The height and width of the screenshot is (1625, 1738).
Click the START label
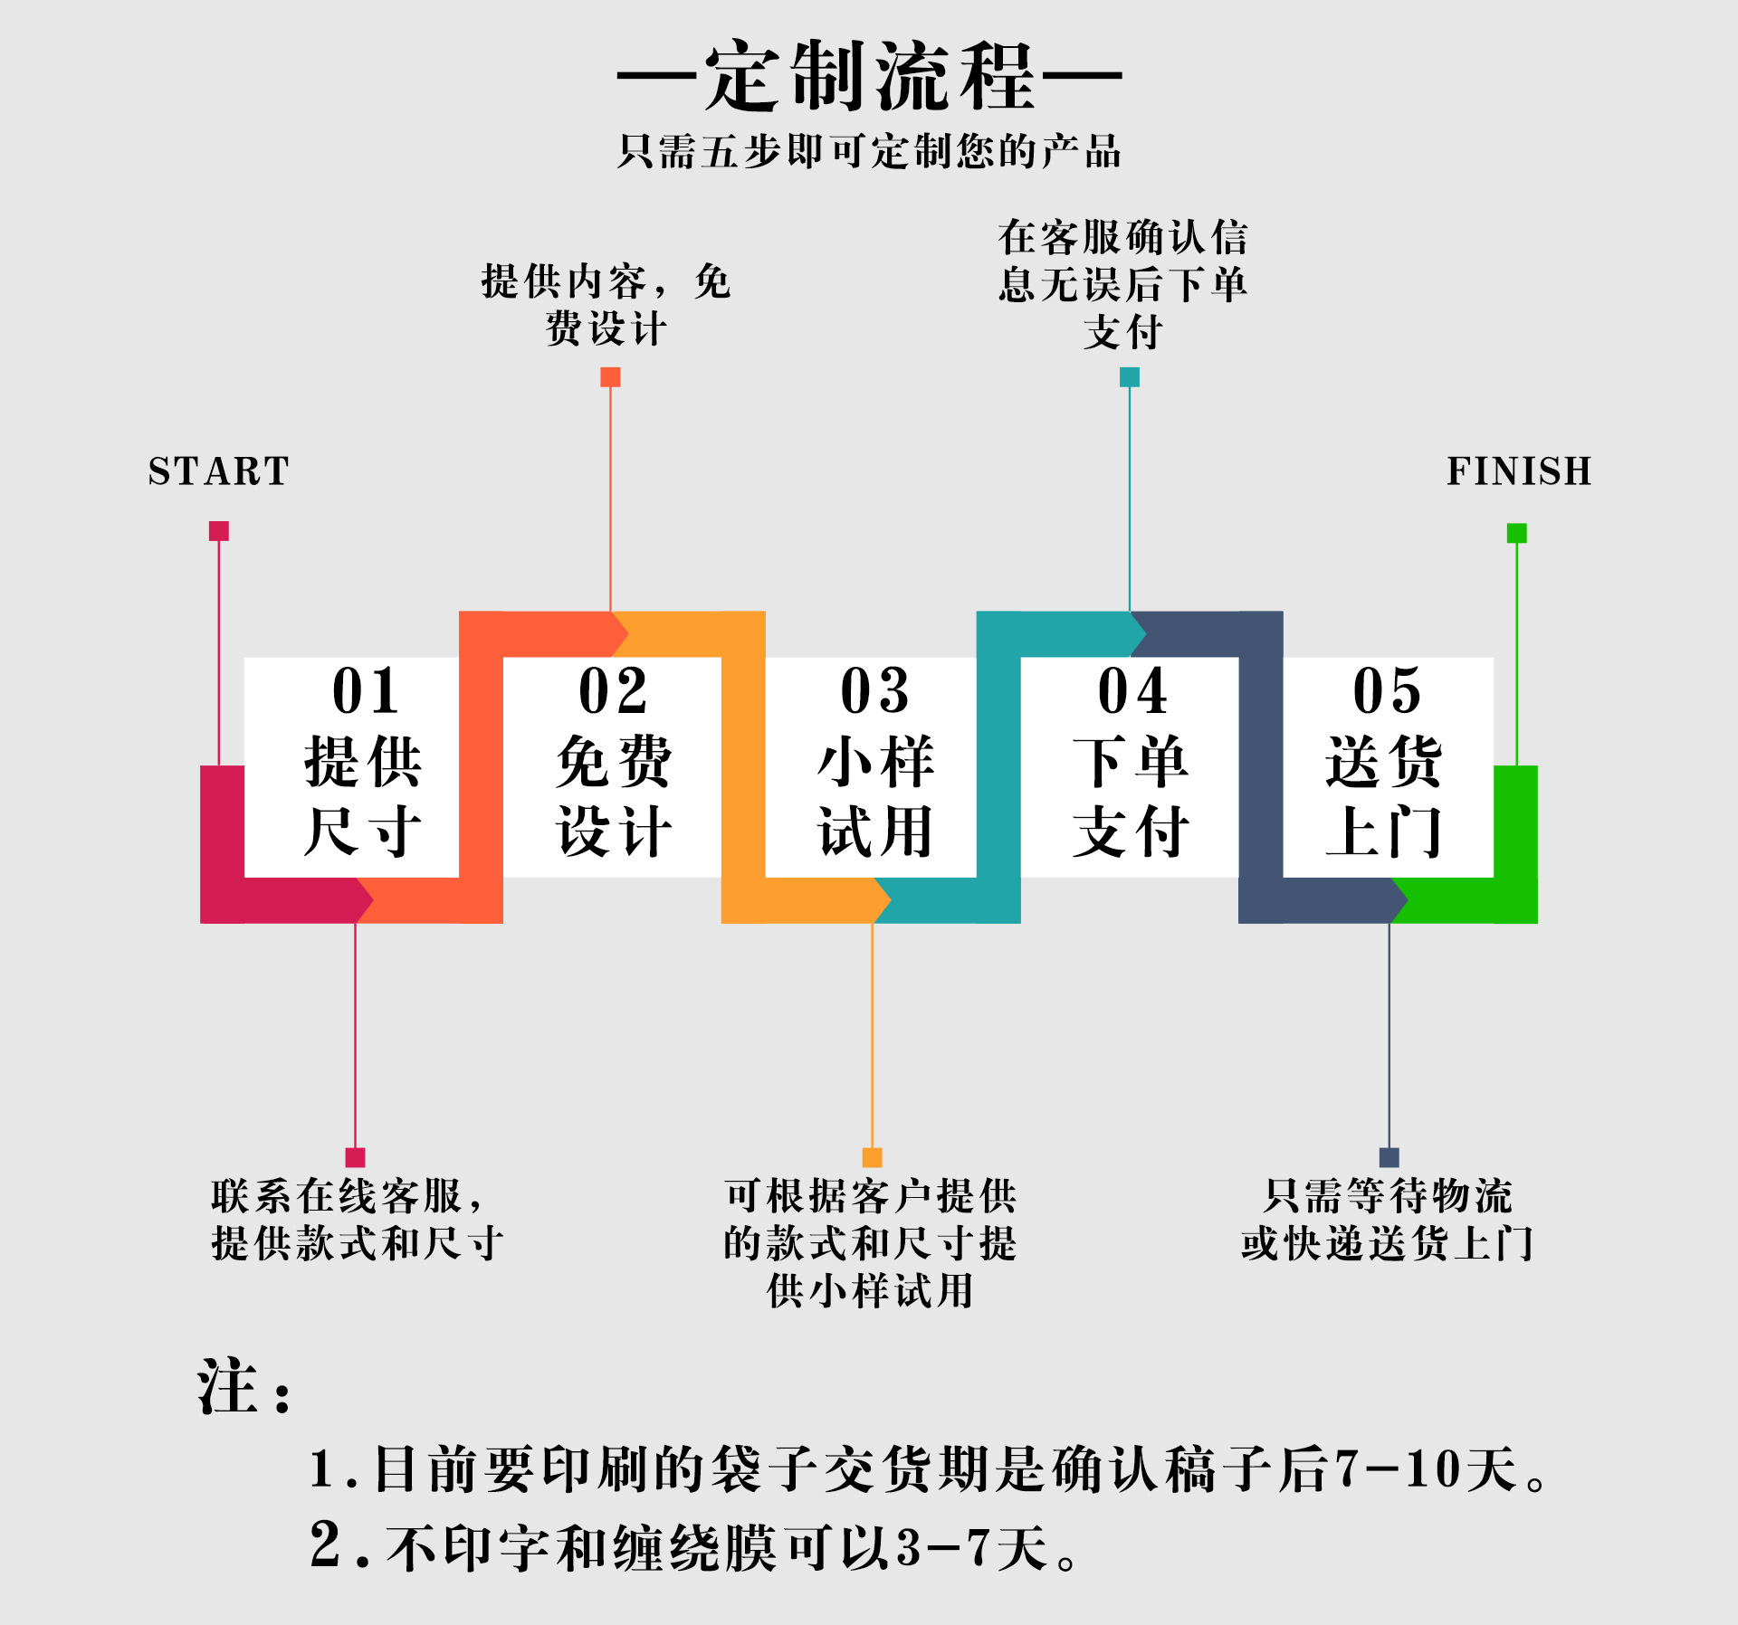click(218, 471)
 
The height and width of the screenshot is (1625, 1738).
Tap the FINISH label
click(1519, 471)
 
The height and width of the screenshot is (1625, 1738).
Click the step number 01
click(365, 691)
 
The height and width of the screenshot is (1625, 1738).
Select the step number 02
click(613, 691)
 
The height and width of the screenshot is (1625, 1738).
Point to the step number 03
click(874, 691)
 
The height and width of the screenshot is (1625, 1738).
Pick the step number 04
click(1132, 691)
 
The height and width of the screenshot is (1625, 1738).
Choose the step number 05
click(1387, 691)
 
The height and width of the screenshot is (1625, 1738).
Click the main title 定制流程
click(869, 77)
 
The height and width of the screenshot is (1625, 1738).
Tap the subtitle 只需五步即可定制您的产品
click(869, 151)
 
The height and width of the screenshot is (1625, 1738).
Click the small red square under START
click(219, 531)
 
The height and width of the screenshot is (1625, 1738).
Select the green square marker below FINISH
click(1517, 533)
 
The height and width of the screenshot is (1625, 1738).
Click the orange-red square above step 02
click(611, 377)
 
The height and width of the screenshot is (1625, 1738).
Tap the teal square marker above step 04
click(1130, 377)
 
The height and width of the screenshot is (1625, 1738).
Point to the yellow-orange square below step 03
click(872, 1157)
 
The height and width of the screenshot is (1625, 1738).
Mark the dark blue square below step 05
click(1389, 1157)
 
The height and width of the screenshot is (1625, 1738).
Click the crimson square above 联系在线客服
click(355, 1157)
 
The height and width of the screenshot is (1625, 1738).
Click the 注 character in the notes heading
click(227, 1387)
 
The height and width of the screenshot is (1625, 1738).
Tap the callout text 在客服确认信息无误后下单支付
click(1123, 284)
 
